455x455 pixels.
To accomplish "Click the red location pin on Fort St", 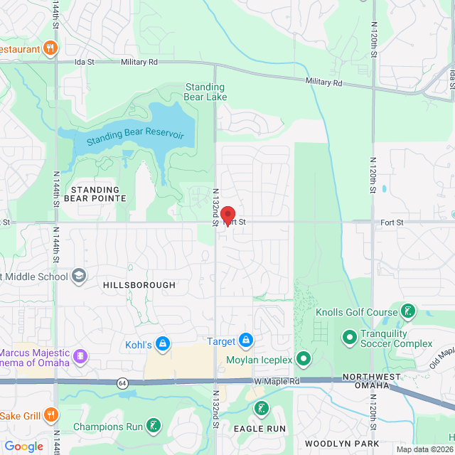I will point(227,215).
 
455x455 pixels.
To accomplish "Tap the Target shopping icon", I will point(246,341).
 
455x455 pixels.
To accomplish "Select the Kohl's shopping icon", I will point(163,344).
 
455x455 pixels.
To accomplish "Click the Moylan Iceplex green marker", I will point(304,360).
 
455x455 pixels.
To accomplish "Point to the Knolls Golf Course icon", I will point(408,311).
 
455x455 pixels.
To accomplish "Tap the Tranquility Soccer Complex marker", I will point(349,335).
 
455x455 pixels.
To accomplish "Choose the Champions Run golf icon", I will point(153,426).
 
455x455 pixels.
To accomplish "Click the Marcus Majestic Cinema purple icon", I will point(80,354).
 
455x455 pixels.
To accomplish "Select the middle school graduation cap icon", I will point(79,276).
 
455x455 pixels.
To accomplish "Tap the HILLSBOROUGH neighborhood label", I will point(139,285).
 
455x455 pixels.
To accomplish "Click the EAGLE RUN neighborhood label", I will point(259,429).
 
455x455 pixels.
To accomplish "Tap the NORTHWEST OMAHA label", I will point(366,381).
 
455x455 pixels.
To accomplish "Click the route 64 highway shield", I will point(122,383).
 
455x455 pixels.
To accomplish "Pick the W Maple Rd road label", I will point(277,382).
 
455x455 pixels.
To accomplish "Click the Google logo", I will point(24,446).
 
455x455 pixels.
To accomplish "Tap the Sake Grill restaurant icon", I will point(50,414).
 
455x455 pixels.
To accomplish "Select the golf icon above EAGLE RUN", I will point(261,408).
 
